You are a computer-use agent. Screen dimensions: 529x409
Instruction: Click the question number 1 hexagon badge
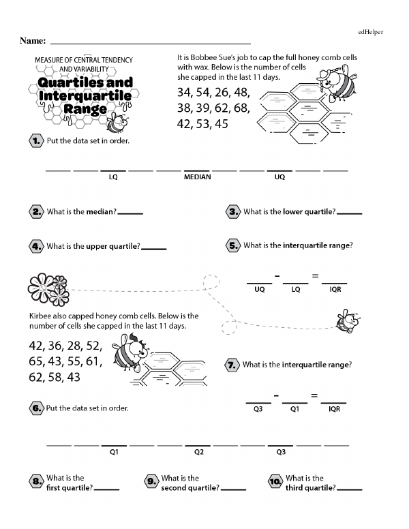[x=35, y=141]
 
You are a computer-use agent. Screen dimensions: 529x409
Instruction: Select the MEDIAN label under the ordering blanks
[x=198, y=177]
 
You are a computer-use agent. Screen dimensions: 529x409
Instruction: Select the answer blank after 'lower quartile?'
[x=350, y=213]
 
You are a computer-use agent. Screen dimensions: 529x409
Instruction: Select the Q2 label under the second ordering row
[x=198, y=451]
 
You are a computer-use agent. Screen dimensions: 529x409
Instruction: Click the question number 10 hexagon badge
[x=275, y=483]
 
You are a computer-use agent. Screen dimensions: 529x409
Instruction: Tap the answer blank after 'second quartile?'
[x=234, y=489]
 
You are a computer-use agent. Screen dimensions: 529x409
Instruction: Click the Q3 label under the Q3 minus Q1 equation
[x=258, y=409]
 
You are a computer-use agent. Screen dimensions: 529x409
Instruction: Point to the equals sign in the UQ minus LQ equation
[x=315, y=275]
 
